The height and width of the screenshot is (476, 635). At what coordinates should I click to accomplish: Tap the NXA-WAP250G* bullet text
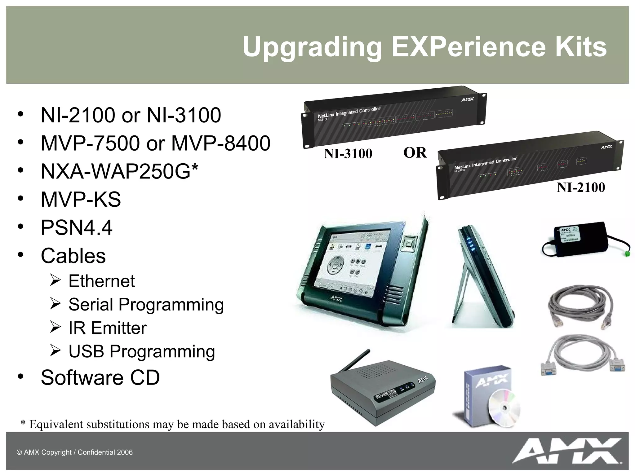pyautogui.click(x=119, y=171)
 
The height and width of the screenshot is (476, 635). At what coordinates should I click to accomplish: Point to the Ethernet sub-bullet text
pyautogui.click(x=101, y=281)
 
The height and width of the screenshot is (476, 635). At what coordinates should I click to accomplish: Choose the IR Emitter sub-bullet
pyautogui.click(x=107, y=328)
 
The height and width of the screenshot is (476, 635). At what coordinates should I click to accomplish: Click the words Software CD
pyautogui.click(x=100, y=377)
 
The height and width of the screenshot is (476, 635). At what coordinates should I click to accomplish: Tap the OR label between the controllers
pyautogui.click(x=415, y=153)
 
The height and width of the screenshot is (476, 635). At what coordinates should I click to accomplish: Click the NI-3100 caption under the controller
pyautogui.click(x=348, y=154)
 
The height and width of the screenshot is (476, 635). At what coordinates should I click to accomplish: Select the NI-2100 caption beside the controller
pyautogui.click(x=580, y=187)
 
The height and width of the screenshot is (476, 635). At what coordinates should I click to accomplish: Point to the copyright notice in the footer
pyautogui.click(x=74, y=452)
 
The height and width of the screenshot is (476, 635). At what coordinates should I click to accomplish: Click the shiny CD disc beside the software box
pyautogui.click(x=504, y=408)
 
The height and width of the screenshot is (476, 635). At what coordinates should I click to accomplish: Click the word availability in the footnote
pyautogui.click(x=297, y=424)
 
